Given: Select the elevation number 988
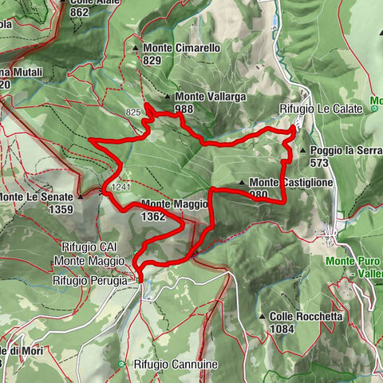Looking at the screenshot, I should tap(184, 109).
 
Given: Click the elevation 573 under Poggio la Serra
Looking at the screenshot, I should tap(320, 162).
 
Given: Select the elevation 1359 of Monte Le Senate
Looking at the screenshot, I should tap(60, 210).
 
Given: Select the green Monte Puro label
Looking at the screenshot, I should tap(351, 261).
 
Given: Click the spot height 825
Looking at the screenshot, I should tap(132, 113).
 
